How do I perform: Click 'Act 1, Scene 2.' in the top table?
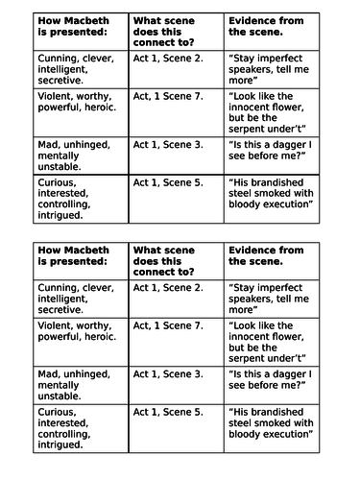168,59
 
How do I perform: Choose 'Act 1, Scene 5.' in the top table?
168,180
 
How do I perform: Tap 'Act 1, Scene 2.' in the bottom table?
168,287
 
